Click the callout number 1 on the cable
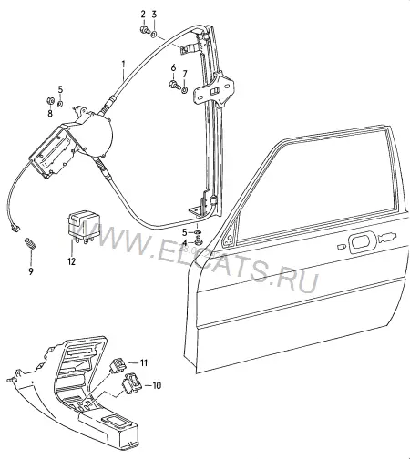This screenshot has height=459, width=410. click(123, 64)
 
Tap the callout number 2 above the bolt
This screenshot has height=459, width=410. click(143, 15)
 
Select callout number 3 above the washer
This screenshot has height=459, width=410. click(154, 15)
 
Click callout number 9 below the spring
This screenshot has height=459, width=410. click(31, 271)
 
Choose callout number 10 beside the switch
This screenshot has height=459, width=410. click(157, 385)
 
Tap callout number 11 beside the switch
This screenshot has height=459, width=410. click(143, 362)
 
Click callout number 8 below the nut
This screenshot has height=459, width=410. click(50, 114)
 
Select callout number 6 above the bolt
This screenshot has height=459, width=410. click(173, 67)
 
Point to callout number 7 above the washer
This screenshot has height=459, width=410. click(185, 74)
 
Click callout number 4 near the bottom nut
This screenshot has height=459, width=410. click(185, 242)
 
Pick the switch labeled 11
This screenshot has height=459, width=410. click(118, 364)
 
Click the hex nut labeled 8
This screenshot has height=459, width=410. click(50, 100)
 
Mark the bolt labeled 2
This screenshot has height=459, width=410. click(144, 29)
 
